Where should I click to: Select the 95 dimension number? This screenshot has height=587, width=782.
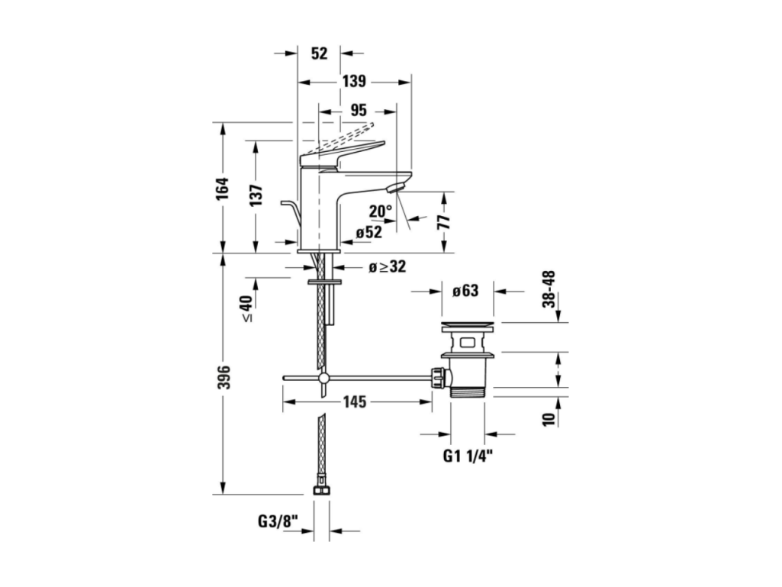[x=358, y=111]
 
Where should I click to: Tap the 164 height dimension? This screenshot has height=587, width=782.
[x=222, y=189]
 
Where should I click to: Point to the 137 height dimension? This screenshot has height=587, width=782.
[x=256, y=195]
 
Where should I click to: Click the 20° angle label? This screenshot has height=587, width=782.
[x=381, y=211]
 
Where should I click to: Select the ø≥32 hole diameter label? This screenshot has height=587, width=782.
[x=387, y=266]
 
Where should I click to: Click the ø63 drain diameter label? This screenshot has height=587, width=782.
[x=465, y=291]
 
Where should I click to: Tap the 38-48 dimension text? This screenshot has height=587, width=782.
[x=549, y=289]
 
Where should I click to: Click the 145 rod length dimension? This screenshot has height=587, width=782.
[x=354, y=402]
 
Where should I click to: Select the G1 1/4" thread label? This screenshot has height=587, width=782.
[x=468, y=455]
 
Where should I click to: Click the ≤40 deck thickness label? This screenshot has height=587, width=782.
[x=246, y=308]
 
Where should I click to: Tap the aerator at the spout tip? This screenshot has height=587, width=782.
[x=395, y=189]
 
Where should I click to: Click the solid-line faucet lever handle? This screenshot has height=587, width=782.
[x=342, y=154]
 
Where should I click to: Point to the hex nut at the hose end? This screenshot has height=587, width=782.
[x=322, y=491]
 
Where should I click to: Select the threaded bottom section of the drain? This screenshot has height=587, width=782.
[x=468, y=392]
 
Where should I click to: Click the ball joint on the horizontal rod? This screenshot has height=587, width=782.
[x=323, y=378]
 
